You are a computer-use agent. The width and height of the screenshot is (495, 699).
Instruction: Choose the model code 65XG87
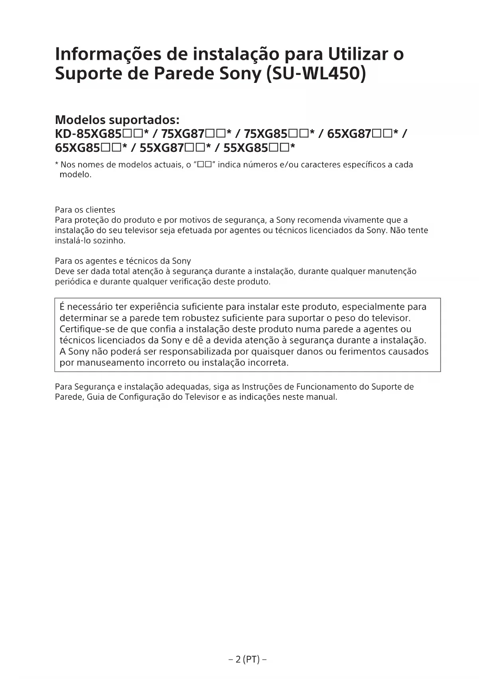[x=349, y=134]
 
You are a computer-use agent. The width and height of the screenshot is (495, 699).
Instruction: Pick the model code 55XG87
[x=161, y=148]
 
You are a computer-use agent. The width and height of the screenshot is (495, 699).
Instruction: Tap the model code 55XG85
[x=245, y=148]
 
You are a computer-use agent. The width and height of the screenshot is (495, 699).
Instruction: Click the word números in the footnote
[x=259, y=165]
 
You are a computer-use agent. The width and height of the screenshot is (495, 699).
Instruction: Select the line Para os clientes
[x=85, y=210]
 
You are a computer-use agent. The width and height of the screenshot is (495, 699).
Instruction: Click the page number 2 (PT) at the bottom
[x=248, y=659]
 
